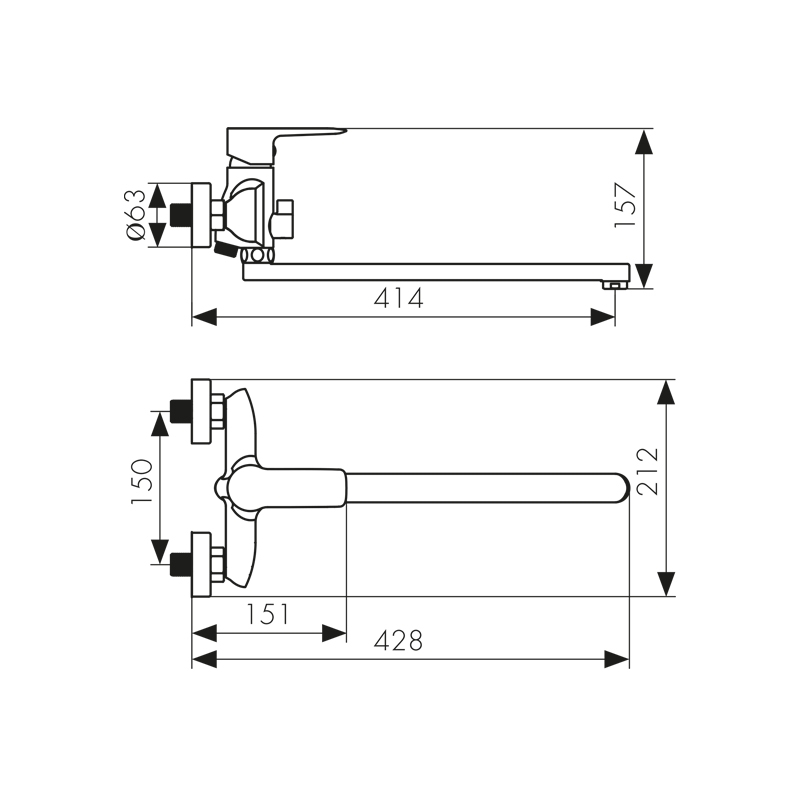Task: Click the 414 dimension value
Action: [398, 298]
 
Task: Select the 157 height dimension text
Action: [626, 205]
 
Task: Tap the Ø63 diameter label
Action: [135, 215]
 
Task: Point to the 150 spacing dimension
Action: [142, 482]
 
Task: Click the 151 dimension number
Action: [268, 614]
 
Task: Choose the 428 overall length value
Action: [398, 640]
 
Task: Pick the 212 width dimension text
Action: [648, 471]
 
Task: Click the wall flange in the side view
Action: [201, 216]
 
